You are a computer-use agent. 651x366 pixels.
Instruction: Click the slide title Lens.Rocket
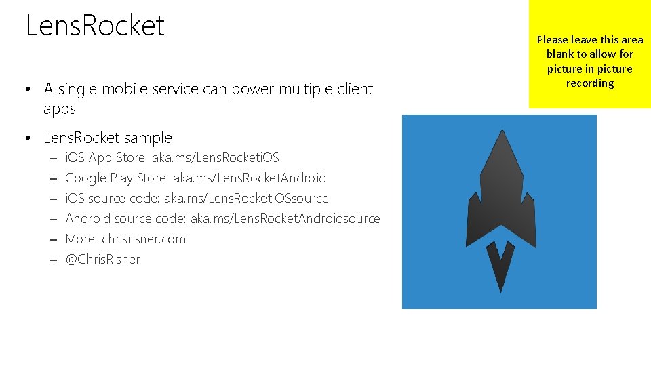[x=95, y=26]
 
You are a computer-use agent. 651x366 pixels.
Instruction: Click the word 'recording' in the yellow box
[x=590, y=83]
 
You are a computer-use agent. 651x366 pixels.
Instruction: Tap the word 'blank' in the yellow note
[x=560, y=54]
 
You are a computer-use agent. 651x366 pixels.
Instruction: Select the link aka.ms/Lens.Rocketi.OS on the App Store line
[x=215, y=158]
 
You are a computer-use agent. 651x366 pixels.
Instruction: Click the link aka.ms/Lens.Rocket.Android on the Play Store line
[x=250, y=178]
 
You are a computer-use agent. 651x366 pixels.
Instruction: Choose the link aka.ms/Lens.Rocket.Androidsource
[x=285, y=219]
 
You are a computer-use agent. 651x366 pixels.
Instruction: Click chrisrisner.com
[x=144, y=239]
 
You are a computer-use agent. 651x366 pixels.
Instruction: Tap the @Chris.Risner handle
[x=102, y=260]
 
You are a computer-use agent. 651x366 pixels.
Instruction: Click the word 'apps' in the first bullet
[x=60, y=109]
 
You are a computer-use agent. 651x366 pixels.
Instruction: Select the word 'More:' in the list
[x=81, y=239]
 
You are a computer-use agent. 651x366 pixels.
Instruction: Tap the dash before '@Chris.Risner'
[x=52, y=260]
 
